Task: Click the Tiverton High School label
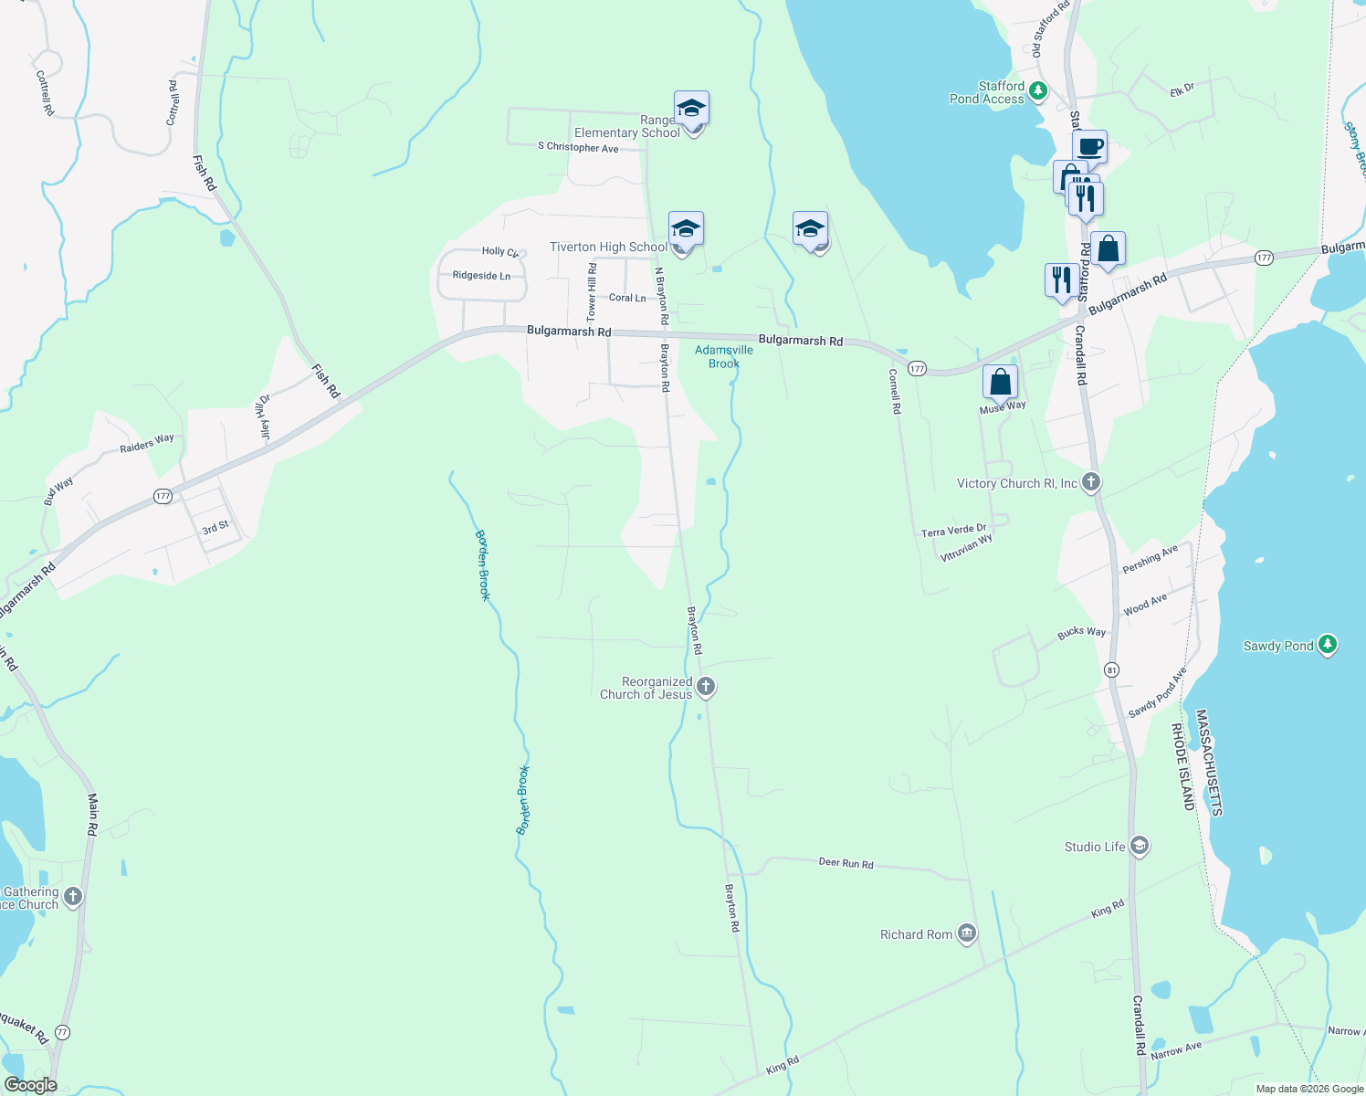(x=608, y=248)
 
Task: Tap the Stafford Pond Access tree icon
(x=1037, y=91)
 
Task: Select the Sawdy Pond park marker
(x=1328, y=645)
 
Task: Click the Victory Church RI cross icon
(x=1091, y=482)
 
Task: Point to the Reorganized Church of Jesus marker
(x=705, y=687)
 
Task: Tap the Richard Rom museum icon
(x=967, y=933)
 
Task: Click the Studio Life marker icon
(x=1139, y=846)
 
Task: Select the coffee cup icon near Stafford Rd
(x=1089, y=147)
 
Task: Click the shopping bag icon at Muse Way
(x=1000, y=382)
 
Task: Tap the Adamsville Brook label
(x=724, y=356)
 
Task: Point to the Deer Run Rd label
(x=846, y=863)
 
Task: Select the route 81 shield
(x=1111, y=669)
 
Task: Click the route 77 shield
(x=62, y=1032)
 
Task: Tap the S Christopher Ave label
(x=578, y=147)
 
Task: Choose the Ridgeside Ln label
(x=481, y=276)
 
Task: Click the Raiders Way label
(x=147, y=444)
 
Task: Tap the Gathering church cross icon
(x=73, y=897)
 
